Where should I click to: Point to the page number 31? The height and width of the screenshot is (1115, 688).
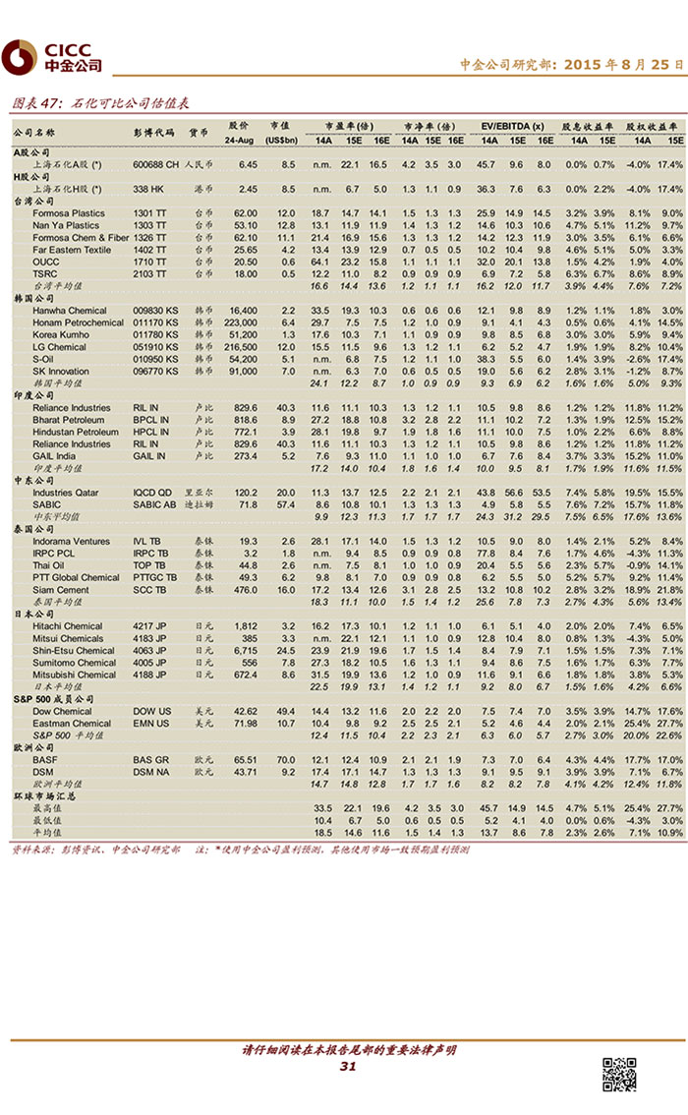(347, 1067)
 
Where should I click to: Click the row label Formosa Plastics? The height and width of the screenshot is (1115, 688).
(69, 213)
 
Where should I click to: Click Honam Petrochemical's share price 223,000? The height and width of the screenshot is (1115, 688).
(241, 323)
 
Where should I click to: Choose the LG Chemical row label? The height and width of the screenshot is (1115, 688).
(59, 347)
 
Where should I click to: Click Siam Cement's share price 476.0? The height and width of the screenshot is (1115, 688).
(244, 590)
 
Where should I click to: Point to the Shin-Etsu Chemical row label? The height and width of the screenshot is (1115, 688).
(74, 650)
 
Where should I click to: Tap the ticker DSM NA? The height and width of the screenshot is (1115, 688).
(150, 772)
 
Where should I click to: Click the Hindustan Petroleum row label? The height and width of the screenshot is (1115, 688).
(76, 432)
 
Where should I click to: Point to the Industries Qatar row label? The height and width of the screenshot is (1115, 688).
(66, 493)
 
